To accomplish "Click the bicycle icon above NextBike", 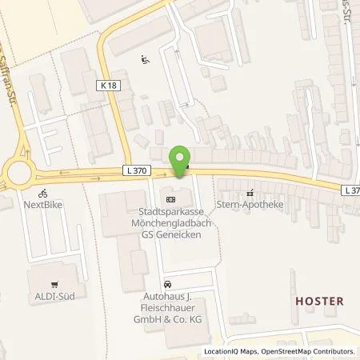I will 43,193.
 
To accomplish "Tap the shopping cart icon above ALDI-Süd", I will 54,284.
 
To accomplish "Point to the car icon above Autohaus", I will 167,285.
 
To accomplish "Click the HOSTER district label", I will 319,302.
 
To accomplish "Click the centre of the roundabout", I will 17,171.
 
